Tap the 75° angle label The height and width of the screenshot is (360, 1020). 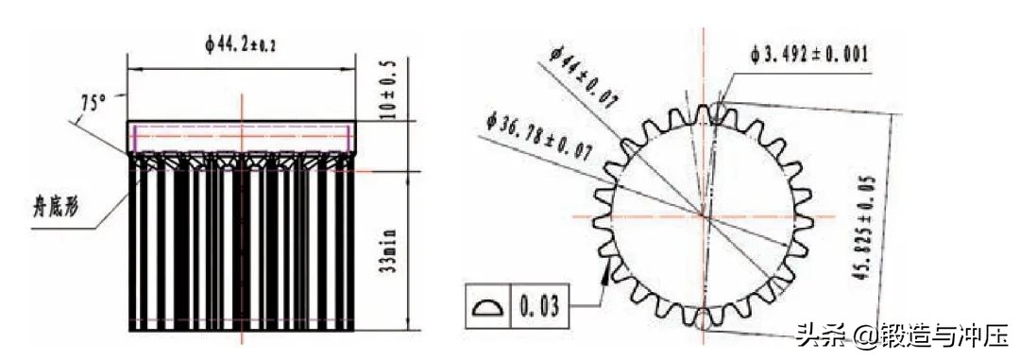click(x=93, y=103)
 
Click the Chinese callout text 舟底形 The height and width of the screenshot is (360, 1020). click(x=54, y=215)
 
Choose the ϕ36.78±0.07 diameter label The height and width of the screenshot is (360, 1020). click(x=537, y=136)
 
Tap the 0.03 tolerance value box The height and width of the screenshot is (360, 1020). click(x=540, y=305)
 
